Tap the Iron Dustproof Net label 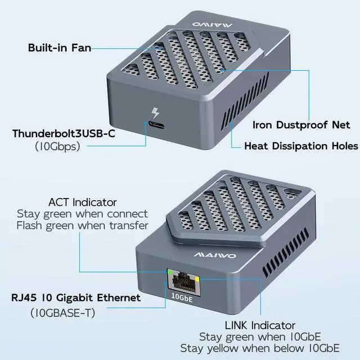[x=301, y=124]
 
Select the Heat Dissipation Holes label [x=301, y=146]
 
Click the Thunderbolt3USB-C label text [x=67, y=134]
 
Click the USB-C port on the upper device [x=154, y=123]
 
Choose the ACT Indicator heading [x=83, y=201]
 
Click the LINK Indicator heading [x=260, y=325]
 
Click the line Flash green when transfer [x=82, y=226]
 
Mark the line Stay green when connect [x=82, y=214]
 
